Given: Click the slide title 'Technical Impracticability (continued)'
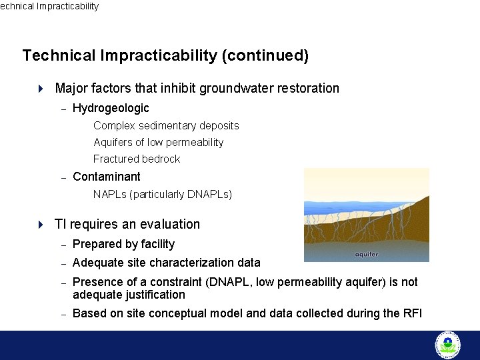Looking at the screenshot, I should tap(165, 55).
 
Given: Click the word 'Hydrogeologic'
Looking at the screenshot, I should tap(111, 108).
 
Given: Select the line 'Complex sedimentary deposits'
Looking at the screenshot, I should tap(166, 125).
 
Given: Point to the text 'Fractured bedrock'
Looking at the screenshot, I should tap(137, 159).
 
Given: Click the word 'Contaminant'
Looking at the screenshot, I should tap(107, 177).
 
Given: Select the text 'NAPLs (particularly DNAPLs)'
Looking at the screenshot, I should tap(163, 194).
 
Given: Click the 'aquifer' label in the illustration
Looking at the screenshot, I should tap(366, 253).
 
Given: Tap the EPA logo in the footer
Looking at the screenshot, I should tap(448, 345).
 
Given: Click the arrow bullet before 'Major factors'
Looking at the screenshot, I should tap(41, 88).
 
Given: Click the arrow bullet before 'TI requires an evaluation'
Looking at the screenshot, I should tap(41, 224).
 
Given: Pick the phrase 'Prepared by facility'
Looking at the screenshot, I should tap(123, 244).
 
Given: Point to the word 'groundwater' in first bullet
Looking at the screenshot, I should tap(231, 88).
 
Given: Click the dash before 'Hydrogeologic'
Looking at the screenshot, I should tap(63, 109).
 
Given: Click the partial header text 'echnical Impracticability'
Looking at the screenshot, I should tap(49, 6).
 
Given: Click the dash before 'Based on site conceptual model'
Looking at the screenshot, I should tap(63, 314).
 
